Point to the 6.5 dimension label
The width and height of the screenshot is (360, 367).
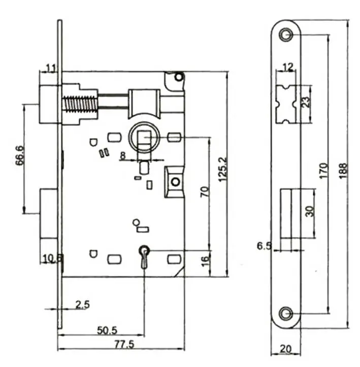tap(265, 246)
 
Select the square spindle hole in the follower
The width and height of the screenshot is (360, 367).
tap(144, 139)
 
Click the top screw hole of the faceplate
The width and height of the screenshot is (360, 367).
tap(286, 35)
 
